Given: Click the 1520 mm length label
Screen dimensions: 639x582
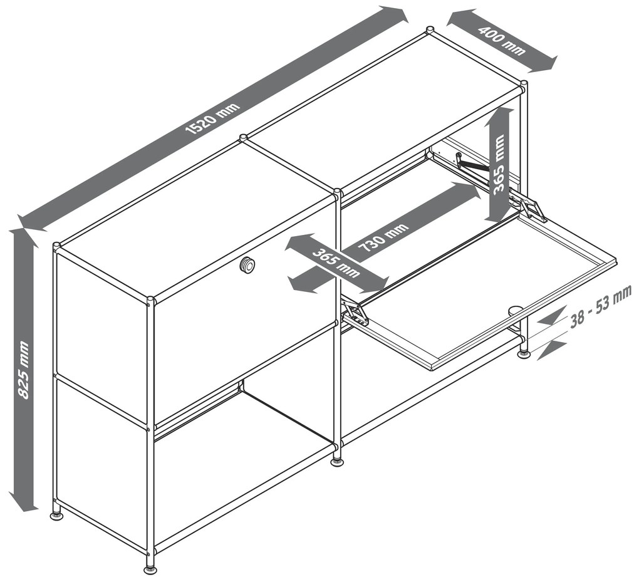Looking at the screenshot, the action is [x=213, y=118].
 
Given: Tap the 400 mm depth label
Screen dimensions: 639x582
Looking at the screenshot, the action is [x=502, y=40].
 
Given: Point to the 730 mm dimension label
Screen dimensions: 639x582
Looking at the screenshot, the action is [x=382, y=237].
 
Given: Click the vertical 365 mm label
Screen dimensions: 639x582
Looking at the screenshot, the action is [x=499, y=165].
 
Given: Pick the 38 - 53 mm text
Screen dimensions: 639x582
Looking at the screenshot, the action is [x=600, y=305].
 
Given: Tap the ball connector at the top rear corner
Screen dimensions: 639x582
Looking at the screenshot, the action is [x=430, y=30].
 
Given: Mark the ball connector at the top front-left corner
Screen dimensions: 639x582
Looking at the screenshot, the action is [x=56, y=246].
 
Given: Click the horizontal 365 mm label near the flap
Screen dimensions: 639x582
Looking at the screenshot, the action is [x=336, y=263].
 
